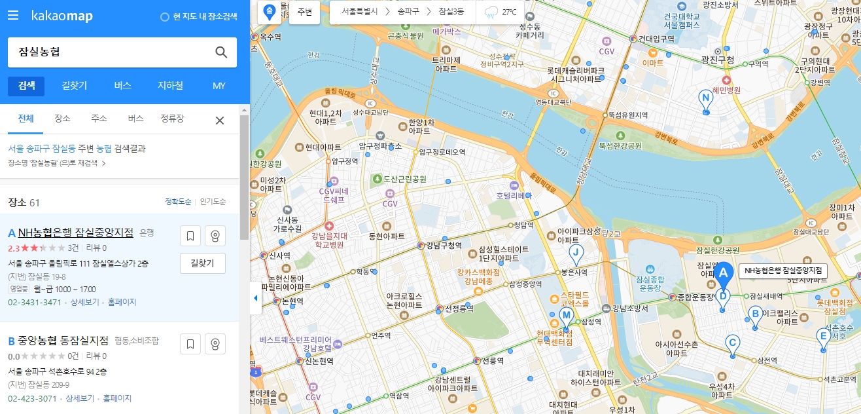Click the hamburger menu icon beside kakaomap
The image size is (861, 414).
pos(13,15)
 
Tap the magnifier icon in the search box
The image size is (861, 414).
pos(221,52)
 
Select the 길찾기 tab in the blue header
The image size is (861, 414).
pos(75,86)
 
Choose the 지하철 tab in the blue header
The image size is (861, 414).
pos(170,86)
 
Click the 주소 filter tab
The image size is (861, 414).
pos(99,119)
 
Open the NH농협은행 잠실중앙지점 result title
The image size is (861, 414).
pos(76,233)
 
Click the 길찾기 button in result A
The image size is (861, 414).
pos(202,263)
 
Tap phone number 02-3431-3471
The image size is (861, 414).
pos(35,303)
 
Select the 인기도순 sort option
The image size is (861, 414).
pos(213,202)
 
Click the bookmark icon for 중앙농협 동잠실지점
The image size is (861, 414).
pos(190,344)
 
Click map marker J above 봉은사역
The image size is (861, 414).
pos(576,254)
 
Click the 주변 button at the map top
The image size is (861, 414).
pos(304,12)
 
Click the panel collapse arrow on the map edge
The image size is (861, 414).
pos(256,299)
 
